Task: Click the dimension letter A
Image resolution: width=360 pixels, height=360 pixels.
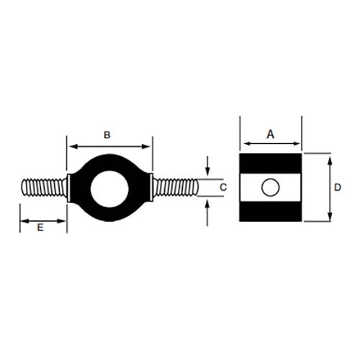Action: (x=271, y=133)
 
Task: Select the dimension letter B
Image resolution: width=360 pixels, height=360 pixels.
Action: (x=107, y=135)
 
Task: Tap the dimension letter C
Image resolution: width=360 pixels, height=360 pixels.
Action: (x=223, y=187)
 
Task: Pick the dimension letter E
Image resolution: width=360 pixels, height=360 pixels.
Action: (x=40, y=227)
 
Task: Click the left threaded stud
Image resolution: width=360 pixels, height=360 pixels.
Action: (x=45, y=189)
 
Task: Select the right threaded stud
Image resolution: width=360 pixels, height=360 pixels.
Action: (x=174, y=189)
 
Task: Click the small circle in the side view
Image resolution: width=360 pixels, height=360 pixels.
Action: (x=270, y=189)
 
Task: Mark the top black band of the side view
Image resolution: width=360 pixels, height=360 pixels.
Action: (x=270, y=163)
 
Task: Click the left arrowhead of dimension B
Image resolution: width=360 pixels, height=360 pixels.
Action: (x=71, y=146)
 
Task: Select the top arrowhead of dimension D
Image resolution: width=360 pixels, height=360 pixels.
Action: (x=330, y=157)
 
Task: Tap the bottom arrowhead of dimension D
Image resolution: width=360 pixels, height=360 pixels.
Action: (x=330, y=220)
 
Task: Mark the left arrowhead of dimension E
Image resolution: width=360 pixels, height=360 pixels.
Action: (x=23, y=217)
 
